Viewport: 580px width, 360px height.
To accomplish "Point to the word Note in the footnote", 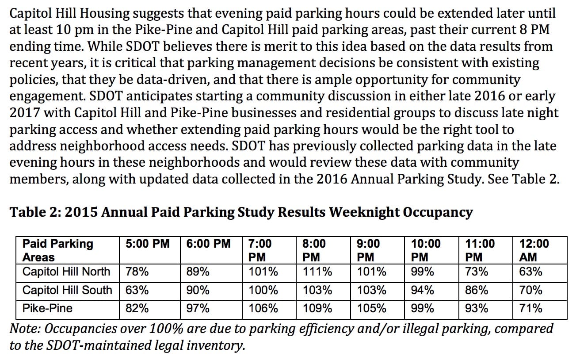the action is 25,329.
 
